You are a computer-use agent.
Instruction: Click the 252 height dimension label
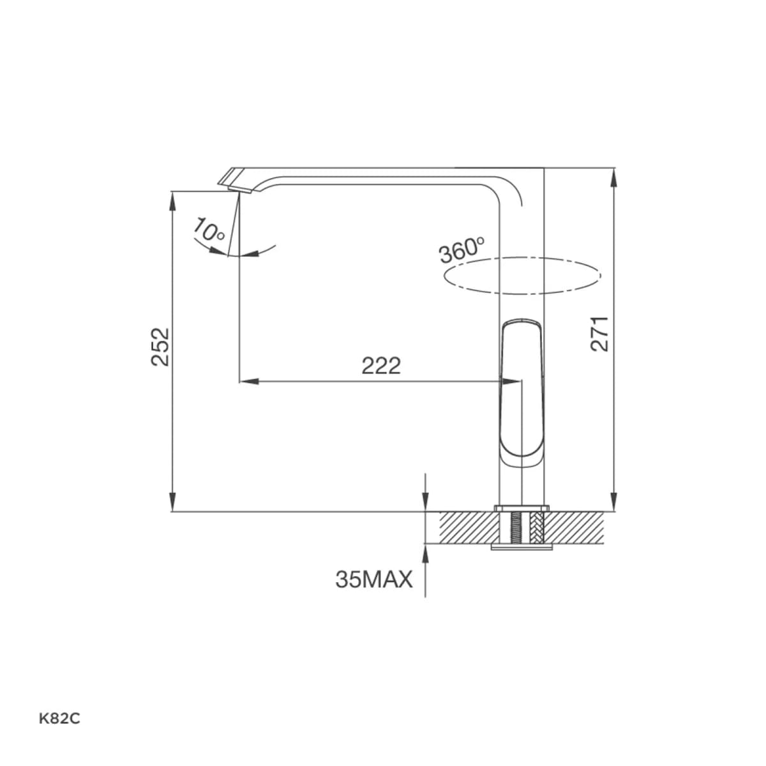[x=160, y=347]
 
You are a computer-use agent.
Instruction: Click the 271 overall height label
[x=599, y=333]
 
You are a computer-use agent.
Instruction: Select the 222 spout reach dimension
[x=381, y=366]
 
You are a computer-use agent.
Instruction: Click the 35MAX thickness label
[x=374, y=580]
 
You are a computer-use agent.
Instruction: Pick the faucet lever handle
[x=522, y=393]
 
